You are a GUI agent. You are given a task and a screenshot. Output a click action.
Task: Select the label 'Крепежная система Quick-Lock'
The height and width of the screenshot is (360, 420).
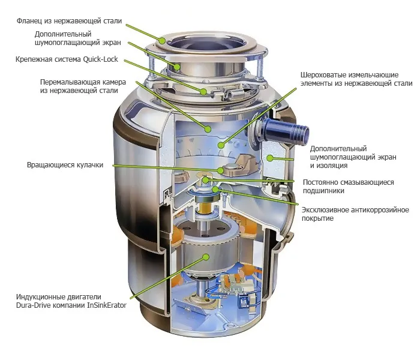coord(67,59)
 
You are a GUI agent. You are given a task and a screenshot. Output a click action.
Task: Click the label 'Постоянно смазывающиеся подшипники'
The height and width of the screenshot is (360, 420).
coord(349,187)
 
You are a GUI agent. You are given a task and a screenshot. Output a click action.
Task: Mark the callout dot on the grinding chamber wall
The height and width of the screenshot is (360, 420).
coord(208,128)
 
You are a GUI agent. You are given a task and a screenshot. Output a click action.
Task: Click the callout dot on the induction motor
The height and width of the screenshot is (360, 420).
coord(206,256)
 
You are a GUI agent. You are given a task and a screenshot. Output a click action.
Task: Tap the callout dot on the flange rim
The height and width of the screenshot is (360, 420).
coord(163,40)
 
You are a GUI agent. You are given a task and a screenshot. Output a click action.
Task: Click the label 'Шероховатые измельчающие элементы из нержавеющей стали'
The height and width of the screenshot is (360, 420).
coord(356,79)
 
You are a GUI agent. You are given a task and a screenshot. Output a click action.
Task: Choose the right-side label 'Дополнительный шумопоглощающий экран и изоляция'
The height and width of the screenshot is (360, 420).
coord(346,157)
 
